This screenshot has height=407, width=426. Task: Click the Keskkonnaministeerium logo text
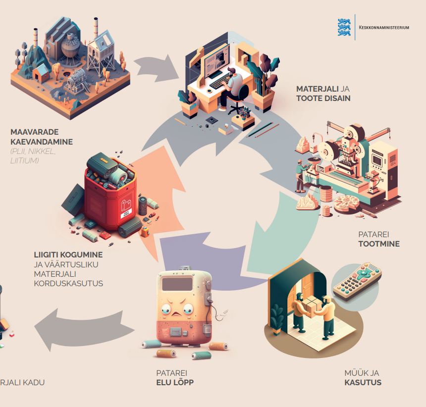pos(384,28)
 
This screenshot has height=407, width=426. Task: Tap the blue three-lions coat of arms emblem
pos(344,27)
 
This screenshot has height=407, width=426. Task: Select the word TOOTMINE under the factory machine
pos(379,244)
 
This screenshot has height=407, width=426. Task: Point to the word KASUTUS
pos(363,382)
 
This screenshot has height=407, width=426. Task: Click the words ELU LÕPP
pos(175,382)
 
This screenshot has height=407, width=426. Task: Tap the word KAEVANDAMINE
pos(42,142)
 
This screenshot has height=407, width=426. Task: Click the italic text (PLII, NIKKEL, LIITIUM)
pos(33,156)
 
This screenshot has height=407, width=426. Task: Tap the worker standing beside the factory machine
pos(300,176)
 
